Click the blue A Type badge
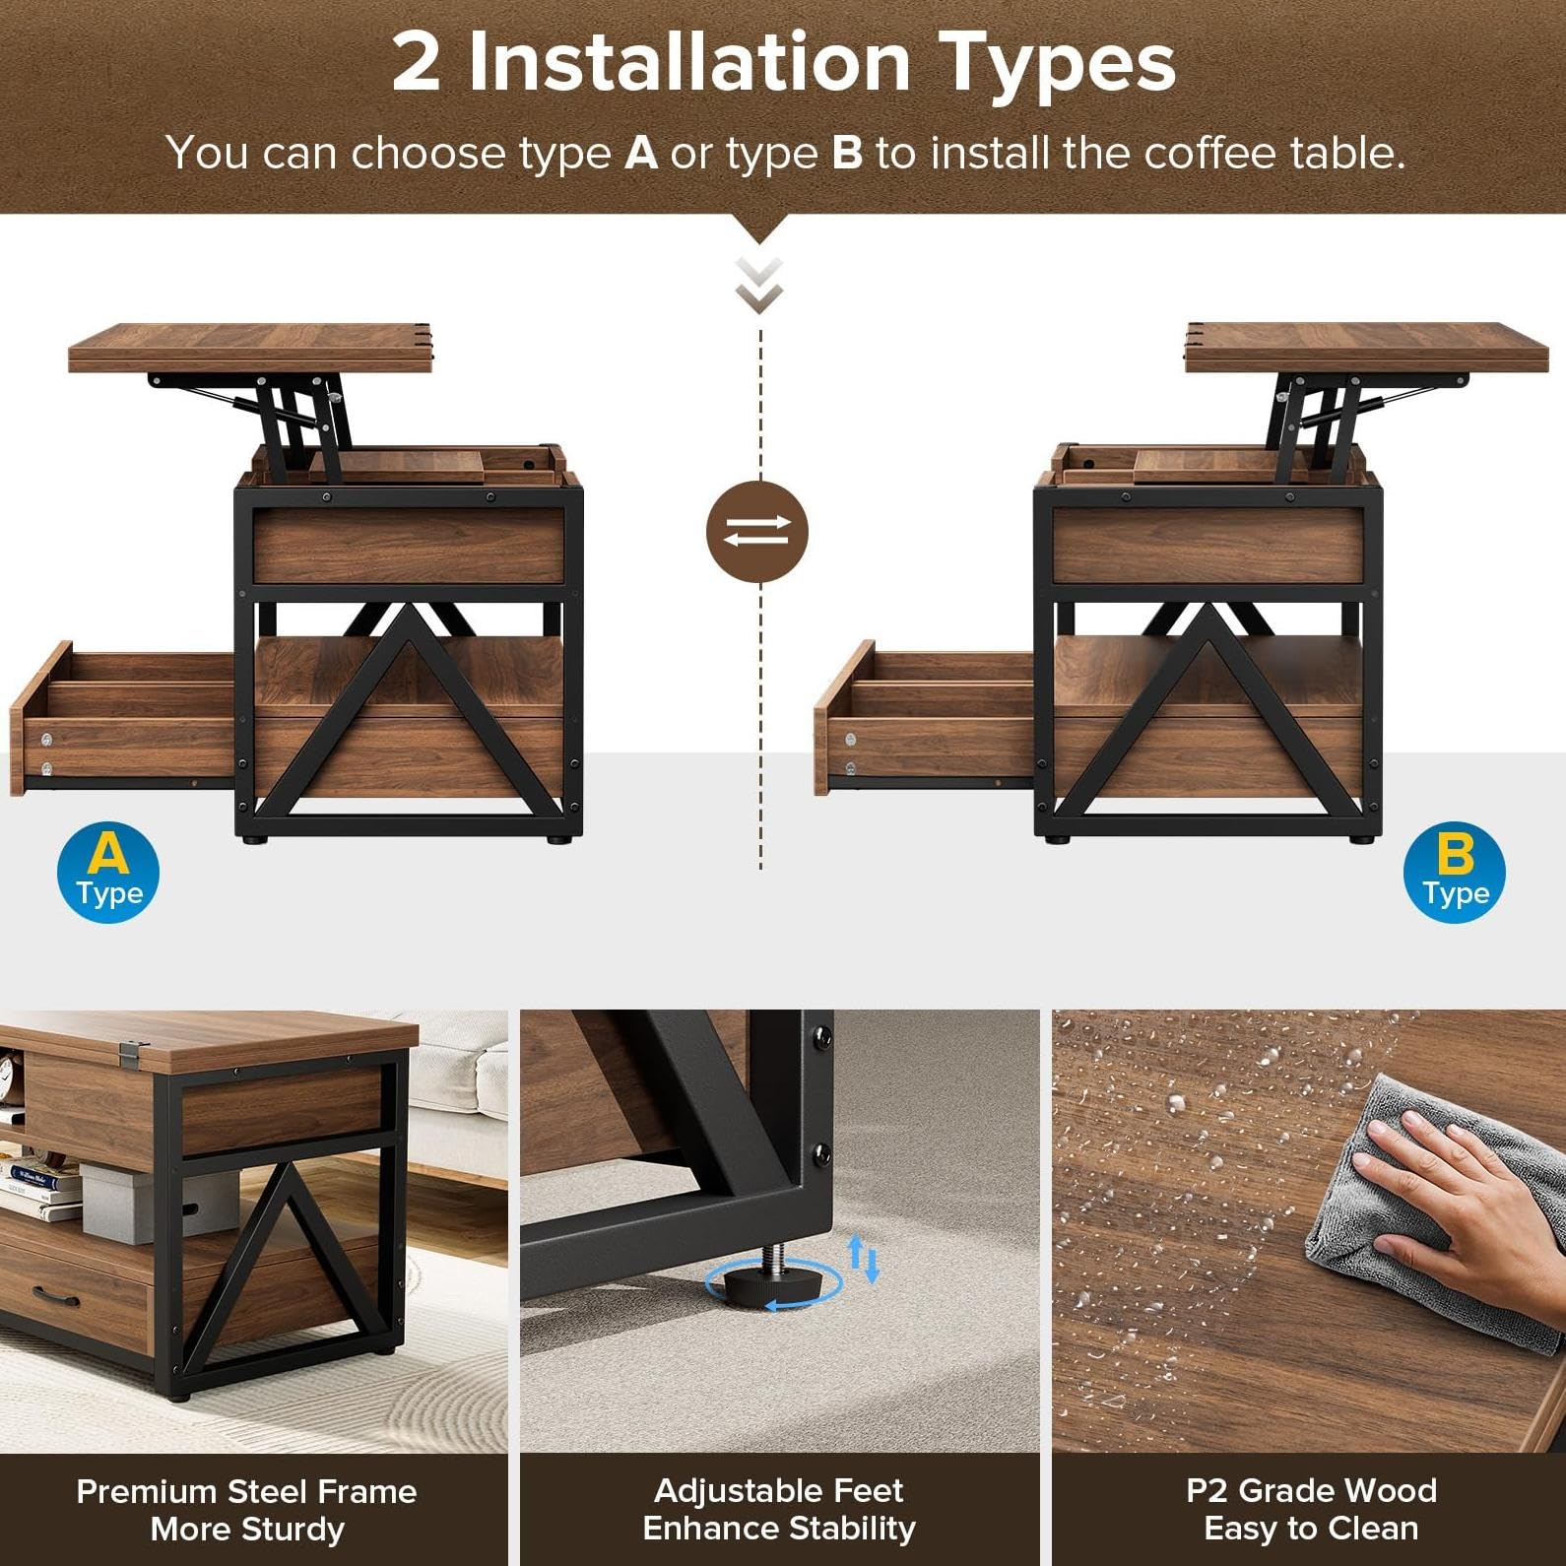108,873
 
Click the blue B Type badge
1455,873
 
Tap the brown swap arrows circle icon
757,532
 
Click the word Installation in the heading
689,62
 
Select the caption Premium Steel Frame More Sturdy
247,1509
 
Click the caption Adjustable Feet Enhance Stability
779,1509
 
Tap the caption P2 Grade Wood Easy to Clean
1311,1509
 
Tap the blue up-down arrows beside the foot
864,1258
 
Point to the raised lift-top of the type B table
1374,347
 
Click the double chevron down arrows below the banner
759,285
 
